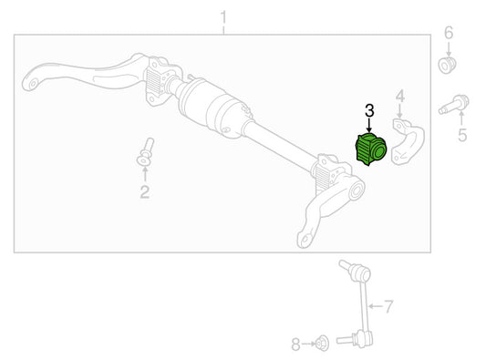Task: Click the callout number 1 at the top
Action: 223,18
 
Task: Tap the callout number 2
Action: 145,191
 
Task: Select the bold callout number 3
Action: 369,110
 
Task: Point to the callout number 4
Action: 400,96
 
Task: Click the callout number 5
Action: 462,136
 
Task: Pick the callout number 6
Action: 449,33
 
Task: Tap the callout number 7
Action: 388,306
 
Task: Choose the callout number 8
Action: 296,345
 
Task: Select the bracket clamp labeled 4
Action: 408,141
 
